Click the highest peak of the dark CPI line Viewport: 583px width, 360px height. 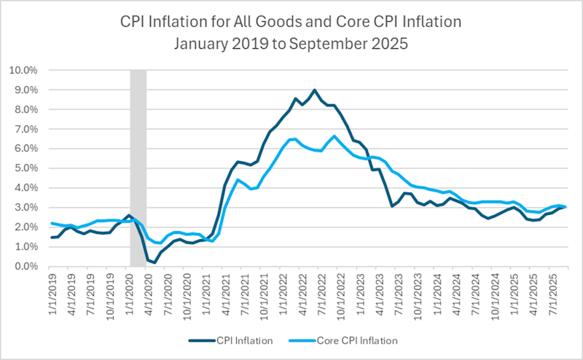click(314, 90)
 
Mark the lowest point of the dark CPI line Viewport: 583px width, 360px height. click(154, 262)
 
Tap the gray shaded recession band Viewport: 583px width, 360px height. click(138, 168)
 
